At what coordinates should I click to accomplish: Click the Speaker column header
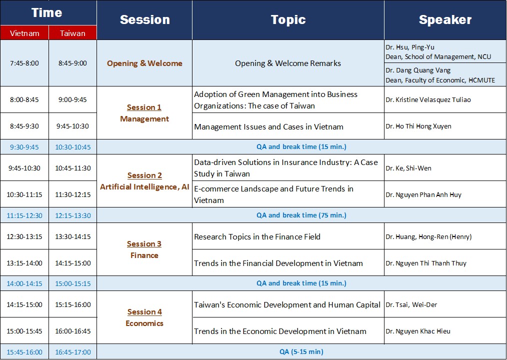[x=445, y=19]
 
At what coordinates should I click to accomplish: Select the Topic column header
[x=288, y=19]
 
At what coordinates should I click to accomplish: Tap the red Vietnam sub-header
[x=24, y=33]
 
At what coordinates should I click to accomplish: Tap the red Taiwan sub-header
[x=73, y=33]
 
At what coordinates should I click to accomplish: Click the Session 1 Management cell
[x=144, y=113]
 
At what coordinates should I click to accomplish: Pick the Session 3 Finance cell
[x=144, y=249]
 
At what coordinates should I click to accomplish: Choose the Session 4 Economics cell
[x=144, y=317]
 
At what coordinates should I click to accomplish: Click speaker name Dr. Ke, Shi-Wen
[x=408, y=168]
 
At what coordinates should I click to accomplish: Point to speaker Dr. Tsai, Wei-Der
[x=411, y=304]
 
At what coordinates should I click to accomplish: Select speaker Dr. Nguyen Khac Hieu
[x=418, y=331]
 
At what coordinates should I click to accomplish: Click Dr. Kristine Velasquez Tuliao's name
[x=428, y=99]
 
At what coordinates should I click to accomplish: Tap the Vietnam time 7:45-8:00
[x=24, y=63]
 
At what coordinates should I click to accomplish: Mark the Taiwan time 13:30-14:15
[x=73, y=236]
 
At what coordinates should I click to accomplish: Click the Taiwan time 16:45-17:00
[x=73, y=352]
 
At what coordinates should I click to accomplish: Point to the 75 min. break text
[x=301, y=215]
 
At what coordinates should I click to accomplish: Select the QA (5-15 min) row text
[x=301, y=351]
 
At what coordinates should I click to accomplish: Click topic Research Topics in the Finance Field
[x=257, y=237]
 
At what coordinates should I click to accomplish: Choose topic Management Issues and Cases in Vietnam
[x=268, y=127]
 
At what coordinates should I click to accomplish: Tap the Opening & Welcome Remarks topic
[x=288, y=63]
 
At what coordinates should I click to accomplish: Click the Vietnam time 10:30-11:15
[x=24, y=194]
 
